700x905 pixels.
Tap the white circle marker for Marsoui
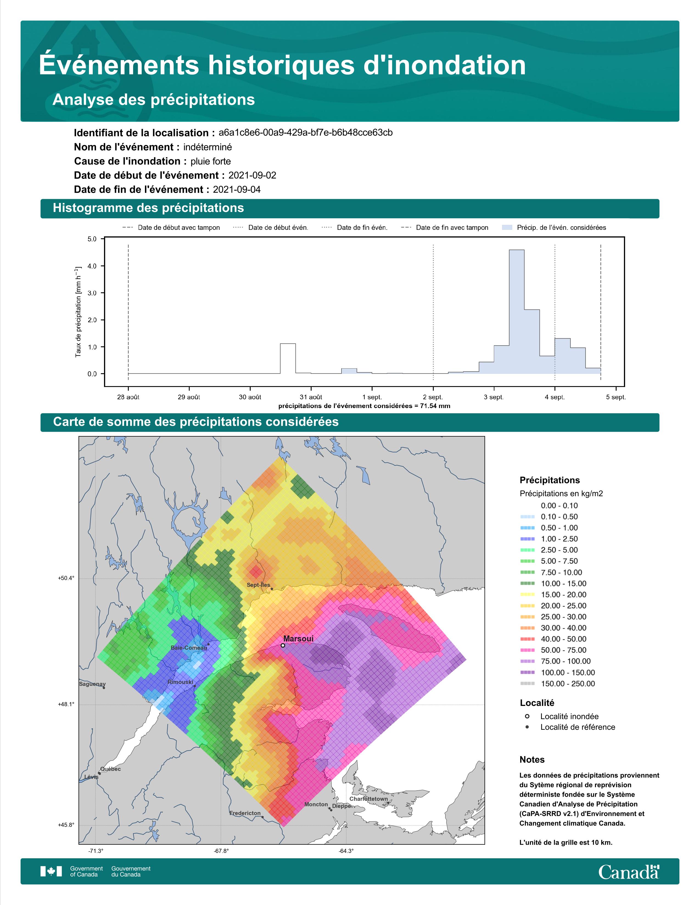pyautogui.click(x=283, y=645)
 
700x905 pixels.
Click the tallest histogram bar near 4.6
pyautogui.click(x=516, y=312)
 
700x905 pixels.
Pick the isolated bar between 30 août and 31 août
pyautogui.click(x=288, y=358)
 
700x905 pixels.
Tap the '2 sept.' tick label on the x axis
pyautogui.click(x=433, y=397)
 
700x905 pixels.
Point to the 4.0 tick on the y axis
pyautogui.click(x=92, y=266)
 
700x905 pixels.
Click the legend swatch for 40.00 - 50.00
pyautogui.click(x=527, y=639)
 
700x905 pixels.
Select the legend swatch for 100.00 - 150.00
pyautogui.click(x=527, y=672)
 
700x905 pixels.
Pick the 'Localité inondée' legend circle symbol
pyautogui.click(x=527, y=716)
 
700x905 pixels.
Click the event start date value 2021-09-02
pyautogui.click(x=252, y=175)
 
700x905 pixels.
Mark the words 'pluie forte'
pyautogui.click(x=211, y=161)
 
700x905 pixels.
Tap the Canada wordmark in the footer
pyautogui.click(x=629, y=872)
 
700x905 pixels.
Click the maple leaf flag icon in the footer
pyautogui.click(x=51, y=872)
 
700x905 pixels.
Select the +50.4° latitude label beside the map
pyautogui.click(x=66, y=578)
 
